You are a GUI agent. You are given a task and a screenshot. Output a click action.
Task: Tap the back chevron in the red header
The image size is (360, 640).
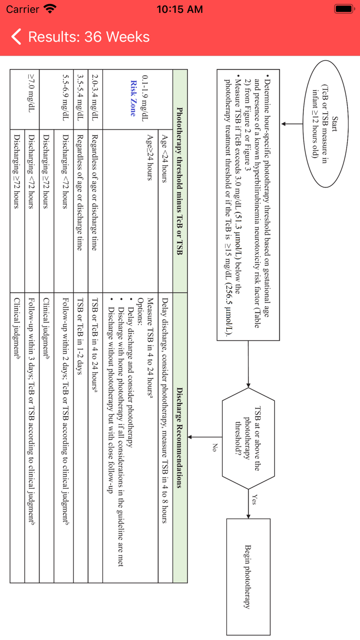[16, 37]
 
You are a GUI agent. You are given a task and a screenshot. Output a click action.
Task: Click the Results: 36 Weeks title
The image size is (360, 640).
[88, 37]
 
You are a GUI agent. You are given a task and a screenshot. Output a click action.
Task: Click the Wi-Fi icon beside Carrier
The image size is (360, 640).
[50, 9]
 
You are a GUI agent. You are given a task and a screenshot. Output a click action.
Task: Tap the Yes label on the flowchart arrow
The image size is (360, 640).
[256, 500]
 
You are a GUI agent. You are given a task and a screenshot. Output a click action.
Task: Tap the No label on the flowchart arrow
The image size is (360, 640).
[214, 448]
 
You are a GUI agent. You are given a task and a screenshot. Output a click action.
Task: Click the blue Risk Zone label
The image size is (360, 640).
[133, 98]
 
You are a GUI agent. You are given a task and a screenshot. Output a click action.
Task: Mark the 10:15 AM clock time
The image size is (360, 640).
[179, 9]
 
